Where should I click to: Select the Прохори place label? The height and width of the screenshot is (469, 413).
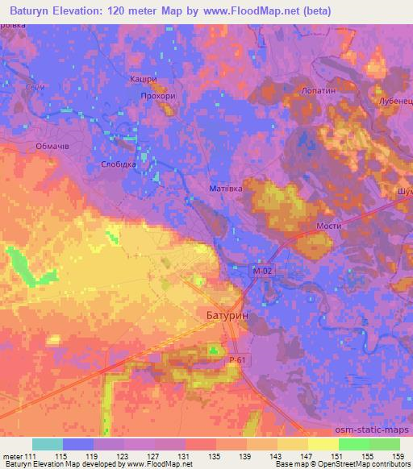(157, 95)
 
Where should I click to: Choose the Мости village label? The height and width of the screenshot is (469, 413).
(327, 227)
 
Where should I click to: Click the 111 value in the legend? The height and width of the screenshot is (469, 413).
(31, 457)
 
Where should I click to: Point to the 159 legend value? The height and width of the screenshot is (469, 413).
(399, 457)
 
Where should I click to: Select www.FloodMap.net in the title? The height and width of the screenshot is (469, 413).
(244, 12)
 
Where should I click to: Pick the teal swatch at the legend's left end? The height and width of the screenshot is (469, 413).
(48, 444)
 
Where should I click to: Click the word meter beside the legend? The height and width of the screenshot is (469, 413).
(13, 457)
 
